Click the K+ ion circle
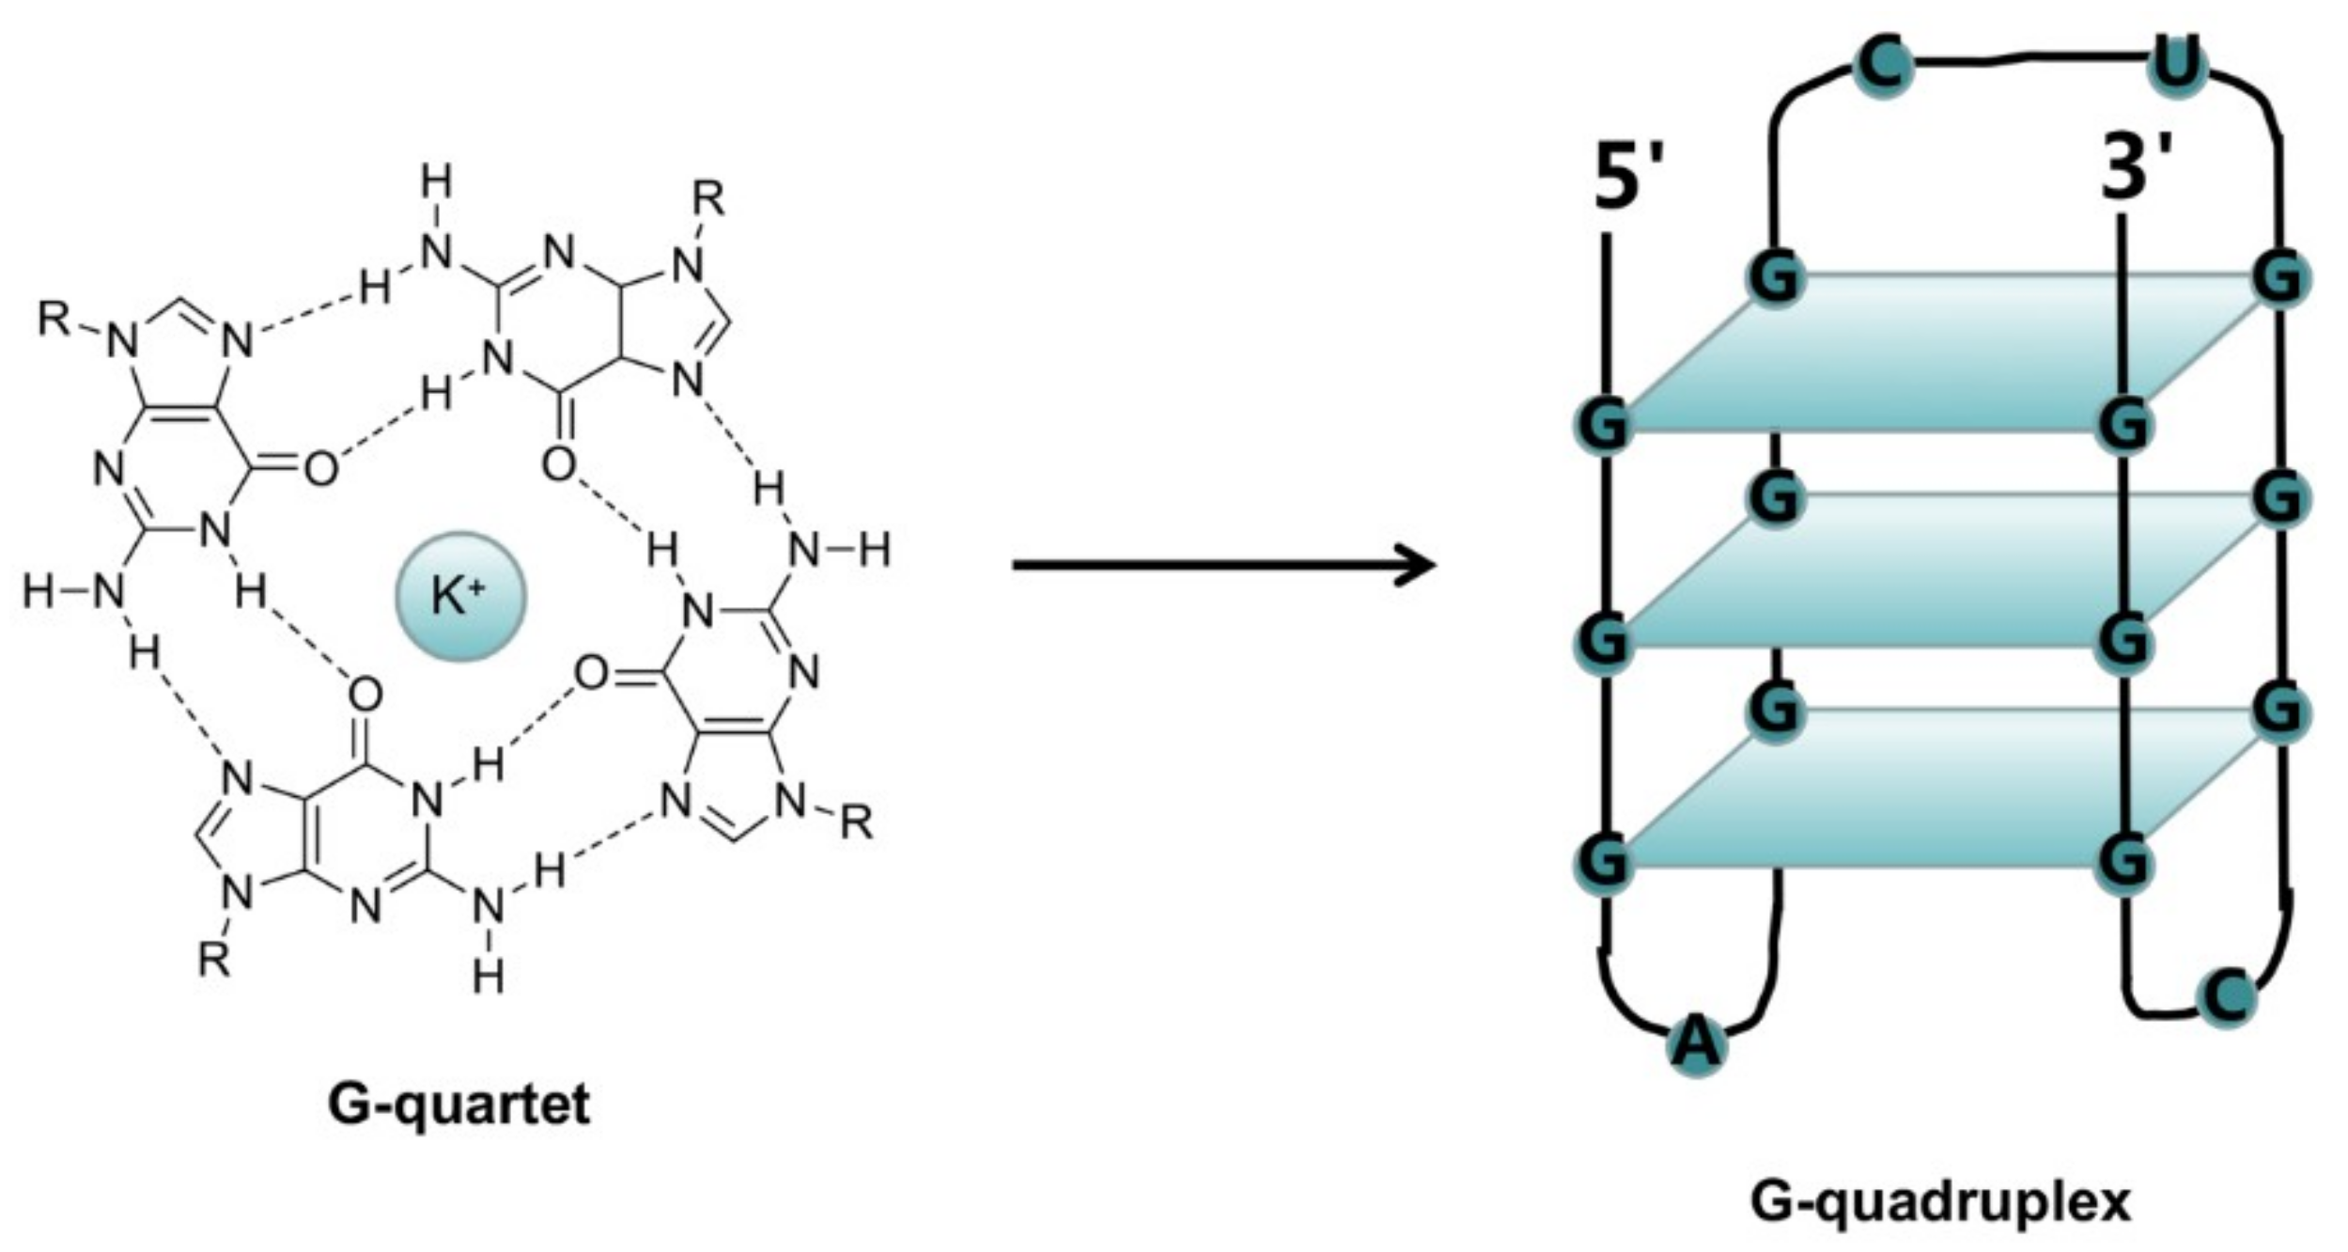coord(459,596)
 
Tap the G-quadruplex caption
coord(1940,1202)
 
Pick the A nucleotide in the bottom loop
coord(1697,1044)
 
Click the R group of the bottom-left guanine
coord(214,961)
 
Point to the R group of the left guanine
coord(54,320)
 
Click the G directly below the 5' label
coord(1604,424)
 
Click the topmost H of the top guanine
coord(435,181)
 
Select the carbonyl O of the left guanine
coord(320,467)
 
